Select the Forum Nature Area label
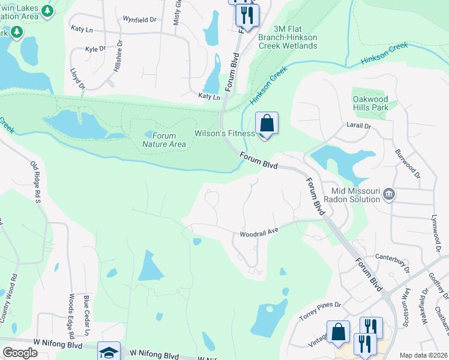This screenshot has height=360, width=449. [164, 140]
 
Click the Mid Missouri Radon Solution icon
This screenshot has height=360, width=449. [389, 193]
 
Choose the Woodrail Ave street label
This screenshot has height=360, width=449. [260, 232]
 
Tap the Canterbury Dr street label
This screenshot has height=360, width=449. [392, 259]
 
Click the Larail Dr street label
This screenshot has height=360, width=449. [359, 127]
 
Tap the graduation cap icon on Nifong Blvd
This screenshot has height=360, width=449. [109, 352]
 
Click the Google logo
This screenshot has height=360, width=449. [20, 353]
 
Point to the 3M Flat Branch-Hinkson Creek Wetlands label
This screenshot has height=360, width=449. [295, 37]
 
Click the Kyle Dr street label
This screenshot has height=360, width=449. [95, 49]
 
